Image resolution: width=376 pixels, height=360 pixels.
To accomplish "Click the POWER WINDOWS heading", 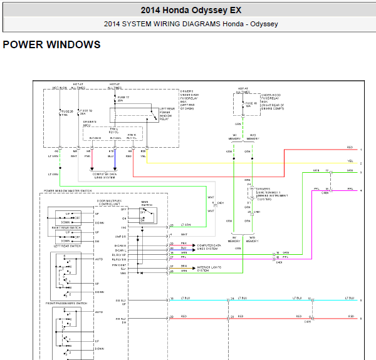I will coord(51,44).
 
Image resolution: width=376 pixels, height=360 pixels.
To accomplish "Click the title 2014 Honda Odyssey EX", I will coord(191,10).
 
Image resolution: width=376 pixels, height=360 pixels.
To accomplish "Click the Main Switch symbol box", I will coord(146,215).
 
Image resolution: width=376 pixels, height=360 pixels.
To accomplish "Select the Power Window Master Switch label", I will coord(67,190).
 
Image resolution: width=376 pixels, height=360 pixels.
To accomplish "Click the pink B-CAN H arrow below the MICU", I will coord(93,165).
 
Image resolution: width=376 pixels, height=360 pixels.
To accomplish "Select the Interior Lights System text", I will coord(209,269).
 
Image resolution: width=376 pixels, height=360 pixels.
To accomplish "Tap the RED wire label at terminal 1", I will coord(350,147).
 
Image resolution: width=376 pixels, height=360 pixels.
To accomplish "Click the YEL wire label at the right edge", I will coord(350,160).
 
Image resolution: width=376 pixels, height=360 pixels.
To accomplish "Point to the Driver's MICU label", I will coord(89,123).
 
